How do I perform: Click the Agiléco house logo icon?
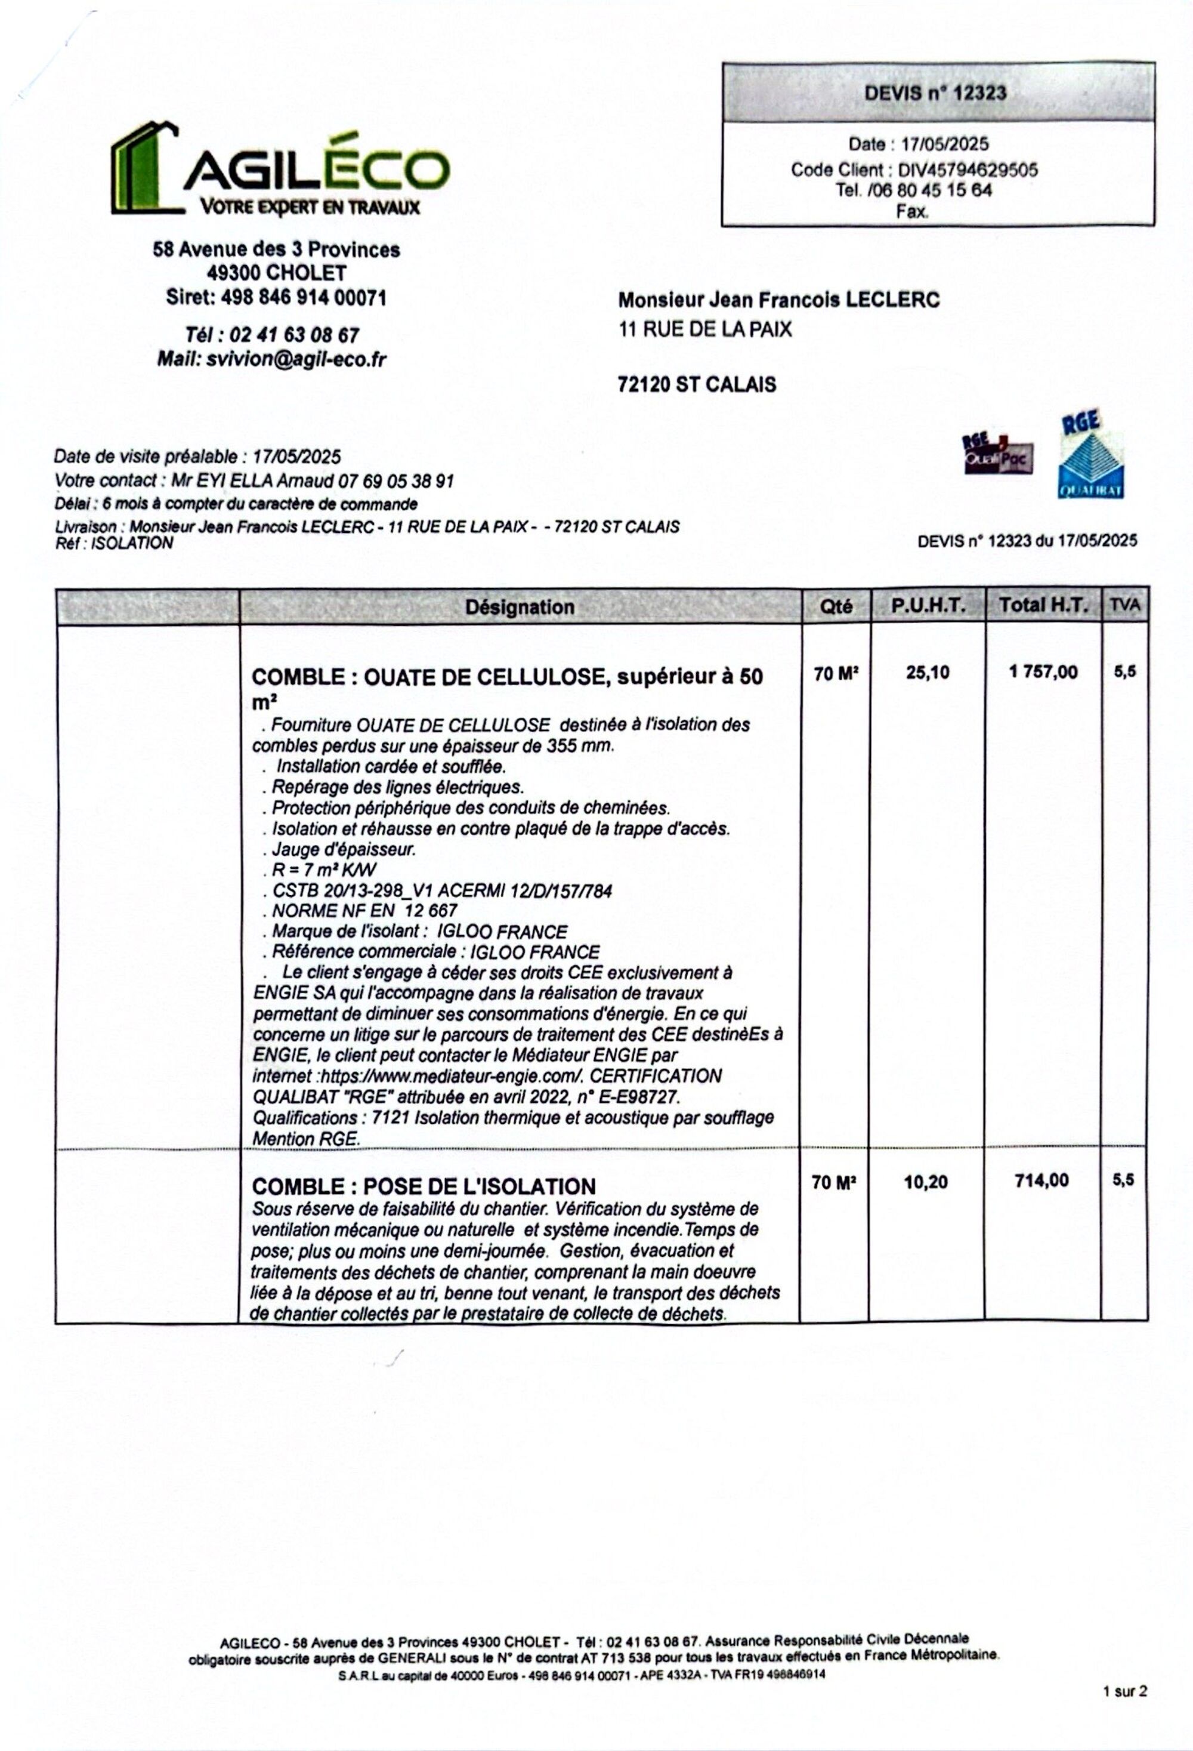[144, 167]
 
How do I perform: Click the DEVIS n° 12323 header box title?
[935, 93]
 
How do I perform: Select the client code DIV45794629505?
[967, 169]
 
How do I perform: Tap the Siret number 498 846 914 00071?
[303, 298]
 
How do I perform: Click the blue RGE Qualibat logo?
[1090, 456]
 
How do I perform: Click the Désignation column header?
[520, 606]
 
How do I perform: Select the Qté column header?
[836, 606]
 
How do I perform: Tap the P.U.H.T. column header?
[928, 606]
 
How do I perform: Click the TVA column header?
[1124, 605]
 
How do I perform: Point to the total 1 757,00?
[1043, 672]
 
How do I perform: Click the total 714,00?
[1041, 1180]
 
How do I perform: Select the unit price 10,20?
[926, 1182]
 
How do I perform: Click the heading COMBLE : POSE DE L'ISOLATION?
[424, 1186]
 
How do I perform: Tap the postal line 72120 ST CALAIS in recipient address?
[697, 385]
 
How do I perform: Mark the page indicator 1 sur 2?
[1124, 1691]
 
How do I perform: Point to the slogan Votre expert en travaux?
[310, 207]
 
